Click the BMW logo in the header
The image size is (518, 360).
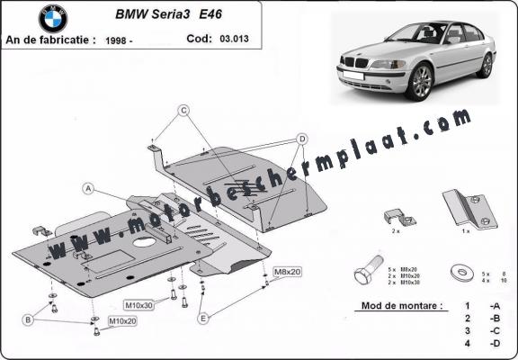tap(53, 18)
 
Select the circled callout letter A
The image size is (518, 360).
tap(89, 188)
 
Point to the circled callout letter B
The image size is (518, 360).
tap(29, 319)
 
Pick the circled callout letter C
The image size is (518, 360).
tap(183, 111)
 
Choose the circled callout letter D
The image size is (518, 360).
tap(302, 139)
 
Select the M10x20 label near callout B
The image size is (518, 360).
tap(123, 320)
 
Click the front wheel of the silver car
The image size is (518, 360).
tap(420, 84)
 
